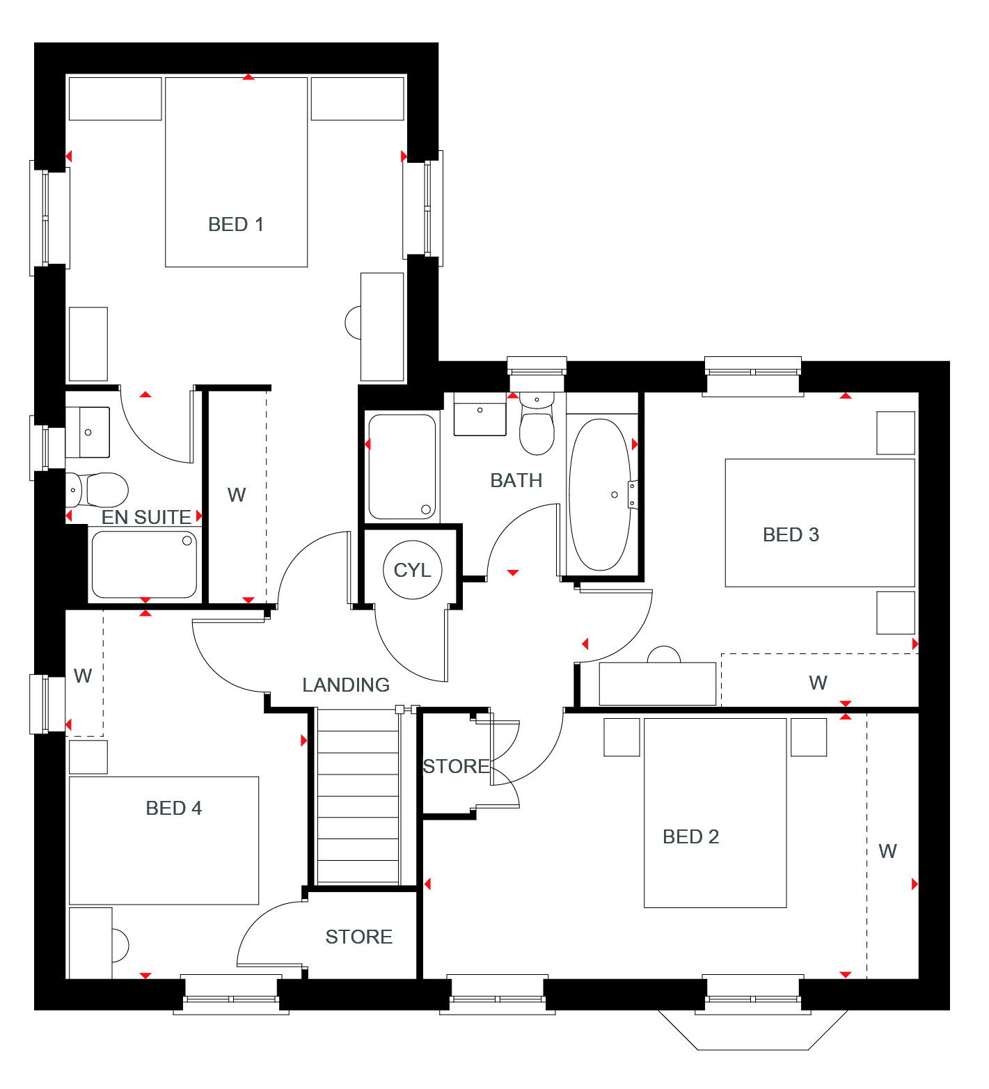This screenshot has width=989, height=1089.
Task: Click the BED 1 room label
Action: (236, 224)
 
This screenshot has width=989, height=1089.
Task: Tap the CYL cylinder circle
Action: (413, 570)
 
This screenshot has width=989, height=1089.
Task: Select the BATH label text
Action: (516, 480)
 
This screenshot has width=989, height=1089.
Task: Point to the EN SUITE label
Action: (146, 517)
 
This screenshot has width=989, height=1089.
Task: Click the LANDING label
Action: (346, 685)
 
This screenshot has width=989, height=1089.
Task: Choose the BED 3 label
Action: (791, 534)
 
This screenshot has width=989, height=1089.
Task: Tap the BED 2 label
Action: (690, 836)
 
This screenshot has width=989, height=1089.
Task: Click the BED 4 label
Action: (173, 808)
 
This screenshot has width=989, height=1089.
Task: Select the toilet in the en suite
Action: (97, 490)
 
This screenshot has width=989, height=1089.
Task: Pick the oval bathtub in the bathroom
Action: (600, 495)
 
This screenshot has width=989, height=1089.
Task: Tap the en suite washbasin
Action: (88, 432)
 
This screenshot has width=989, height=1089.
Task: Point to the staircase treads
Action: (358, 797)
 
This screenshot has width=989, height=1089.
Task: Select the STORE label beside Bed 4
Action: (359, 937)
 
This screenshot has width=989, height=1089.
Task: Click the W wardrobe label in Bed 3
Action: (818, 683)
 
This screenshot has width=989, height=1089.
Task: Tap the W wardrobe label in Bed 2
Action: (887, 851)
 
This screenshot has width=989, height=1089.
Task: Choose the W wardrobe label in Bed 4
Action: (83, 676)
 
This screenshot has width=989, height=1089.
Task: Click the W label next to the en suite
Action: (237, 495)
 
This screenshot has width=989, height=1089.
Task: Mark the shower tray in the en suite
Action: (144, 564)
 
